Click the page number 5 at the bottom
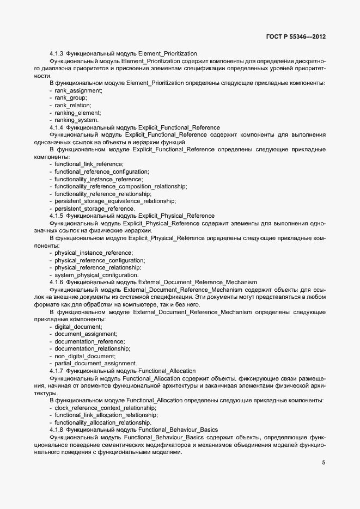pos(324,463)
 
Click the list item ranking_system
pos(77,120)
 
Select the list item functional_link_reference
pos(89,164)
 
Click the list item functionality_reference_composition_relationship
pos(121,186)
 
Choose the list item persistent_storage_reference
pos(95,208)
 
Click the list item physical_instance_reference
pos(94,253)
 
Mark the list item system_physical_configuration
pos(96,275)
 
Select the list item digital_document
pos(78,327)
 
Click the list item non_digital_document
pos(85,356)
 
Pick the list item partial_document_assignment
pos(96,364)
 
